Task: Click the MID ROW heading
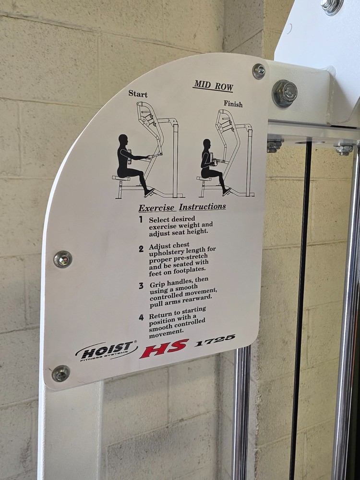pos(213,86)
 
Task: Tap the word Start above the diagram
pos(138,94)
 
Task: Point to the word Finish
pos(233,104)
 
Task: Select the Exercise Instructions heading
pos(182,207)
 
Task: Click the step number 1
pos(141,219)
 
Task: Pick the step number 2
pos(141,249)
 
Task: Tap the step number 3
pos(141,286)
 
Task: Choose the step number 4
pos(141,317)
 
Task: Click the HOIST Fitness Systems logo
pos(106,351)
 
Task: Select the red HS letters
pos(164,348)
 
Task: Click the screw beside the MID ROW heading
pos(259,71)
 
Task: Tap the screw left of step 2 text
pos(62,259)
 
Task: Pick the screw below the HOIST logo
pos(61,373)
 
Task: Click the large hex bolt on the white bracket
pos(285,93)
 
